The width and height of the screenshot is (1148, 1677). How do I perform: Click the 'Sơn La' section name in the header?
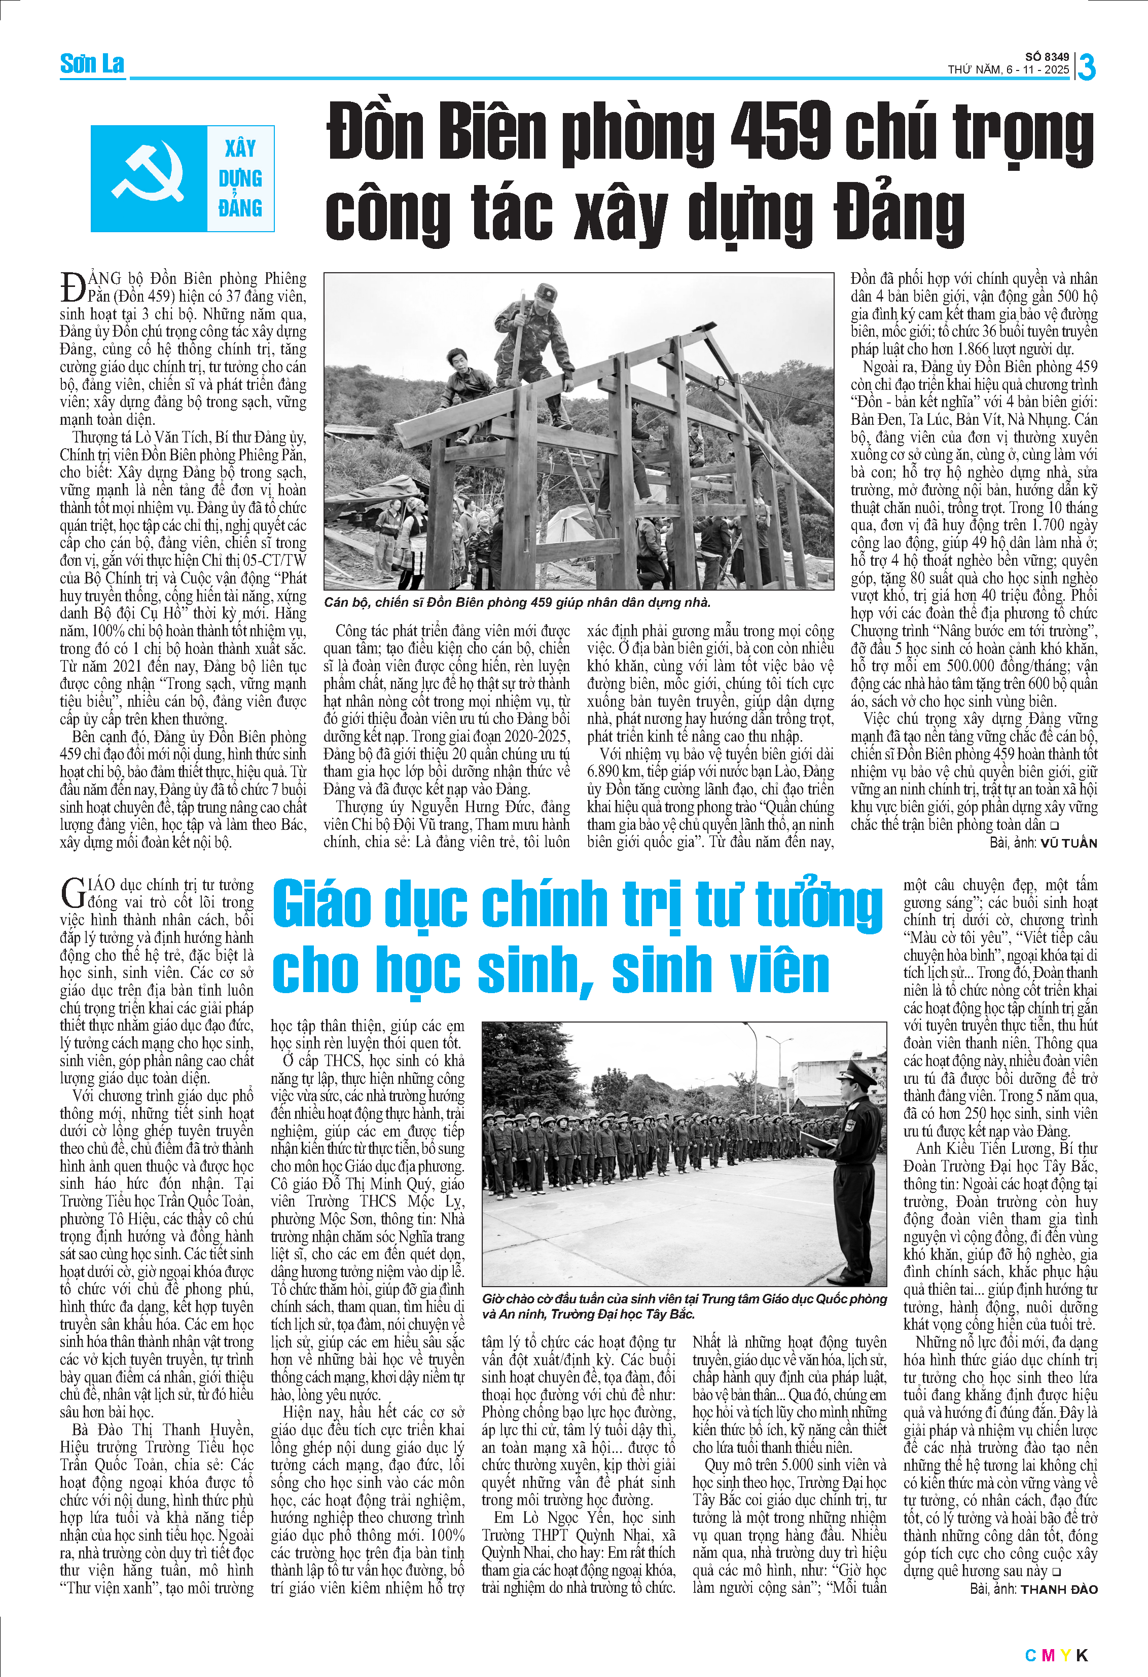92,64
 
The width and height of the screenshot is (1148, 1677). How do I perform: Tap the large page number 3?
1086,66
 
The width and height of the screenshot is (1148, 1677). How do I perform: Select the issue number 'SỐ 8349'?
1047,57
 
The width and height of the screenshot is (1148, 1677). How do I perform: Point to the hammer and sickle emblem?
149,177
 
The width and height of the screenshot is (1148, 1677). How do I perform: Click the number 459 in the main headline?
780,132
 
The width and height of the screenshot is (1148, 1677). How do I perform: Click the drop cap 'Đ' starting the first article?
72,287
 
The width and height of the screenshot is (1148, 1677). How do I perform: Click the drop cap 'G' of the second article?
73,893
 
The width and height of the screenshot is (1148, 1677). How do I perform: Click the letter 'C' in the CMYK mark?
1030,1655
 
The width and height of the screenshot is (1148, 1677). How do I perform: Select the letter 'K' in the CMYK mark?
1082,1655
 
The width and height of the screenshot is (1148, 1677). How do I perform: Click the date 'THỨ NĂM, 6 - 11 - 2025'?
1008,70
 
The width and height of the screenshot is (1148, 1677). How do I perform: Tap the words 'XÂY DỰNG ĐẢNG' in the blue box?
240,178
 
